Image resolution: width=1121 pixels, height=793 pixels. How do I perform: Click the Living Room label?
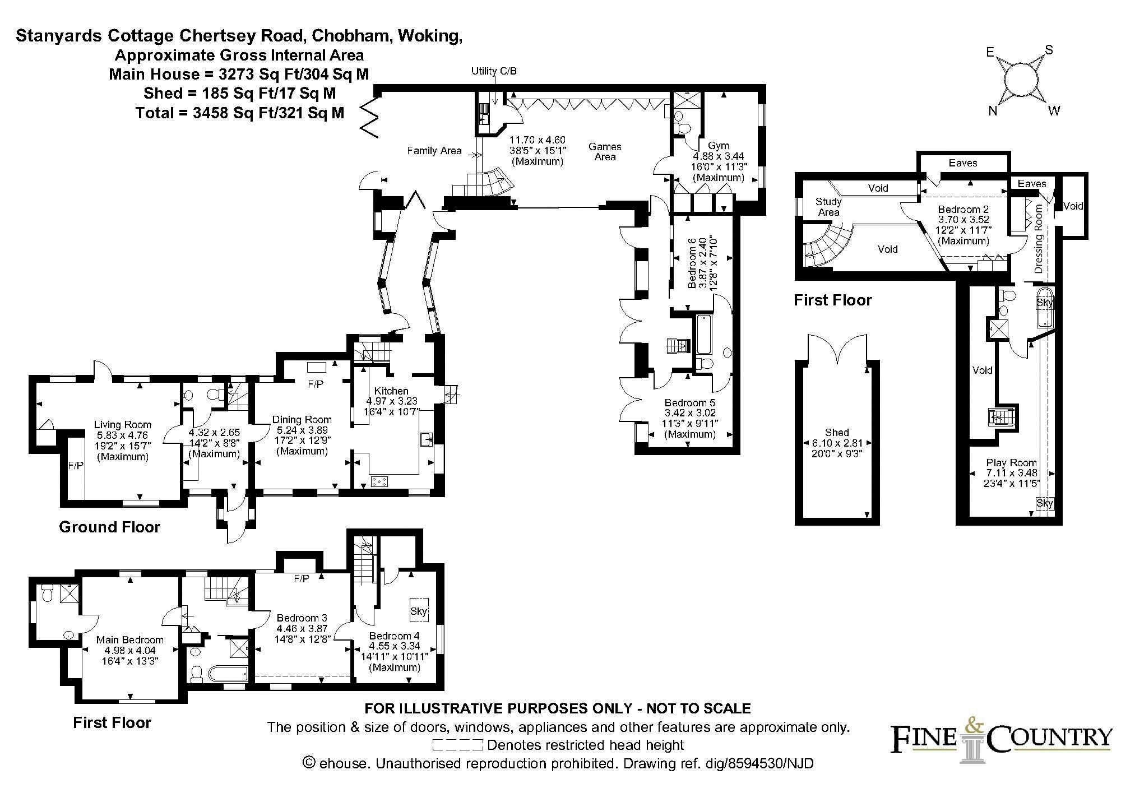[x=123, y=425]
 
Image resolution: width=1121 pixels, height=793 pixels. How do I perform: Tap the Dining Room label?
[x=302, y=420]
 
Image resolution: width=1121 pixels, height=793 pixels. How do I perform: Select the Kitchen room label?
[x=391, y=391]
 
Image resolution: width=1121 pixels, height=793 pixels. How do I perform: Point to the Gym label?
[x=719, y=146]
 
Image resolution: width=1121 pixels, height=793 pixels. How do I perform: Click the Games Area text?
[x=605, y=152]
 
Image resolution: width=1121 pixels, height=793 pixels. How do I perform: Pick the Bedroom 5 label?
[x=690, y=403]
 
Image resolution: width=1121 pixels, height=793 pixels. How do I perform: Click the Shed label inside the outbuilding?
[x=837, y=433]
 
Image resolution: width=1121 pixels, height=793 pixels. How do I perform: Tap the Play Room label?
[x=1012, y=463]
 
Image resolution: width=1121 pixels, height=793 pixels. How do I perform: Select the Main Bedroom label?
[x=130, y=640]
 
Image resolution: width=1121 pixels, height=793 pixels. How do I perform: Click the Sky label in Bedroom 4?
[x=419, y=611]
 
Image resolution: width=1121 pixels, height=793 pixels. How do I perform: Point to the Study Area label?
[x=828, y=207]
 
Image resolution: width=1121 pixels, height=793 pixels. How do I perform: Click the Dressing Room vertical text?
[x=1039, y=239]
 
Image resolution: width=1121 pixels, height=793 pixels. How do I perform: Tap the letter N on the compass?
[x=993, y=111]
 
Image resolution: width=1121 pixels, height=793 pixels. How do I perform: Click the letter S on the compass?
[x=1049, y=50]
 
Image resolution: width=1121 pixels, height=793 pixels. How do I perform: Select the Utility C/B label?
[x=494, y=71]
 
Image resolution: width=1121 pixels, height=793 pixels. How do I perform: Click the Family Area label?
[x=434, y=151]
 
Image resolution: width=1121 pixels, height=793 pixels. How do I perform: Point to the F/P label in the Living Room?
[x=76, y=466]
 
